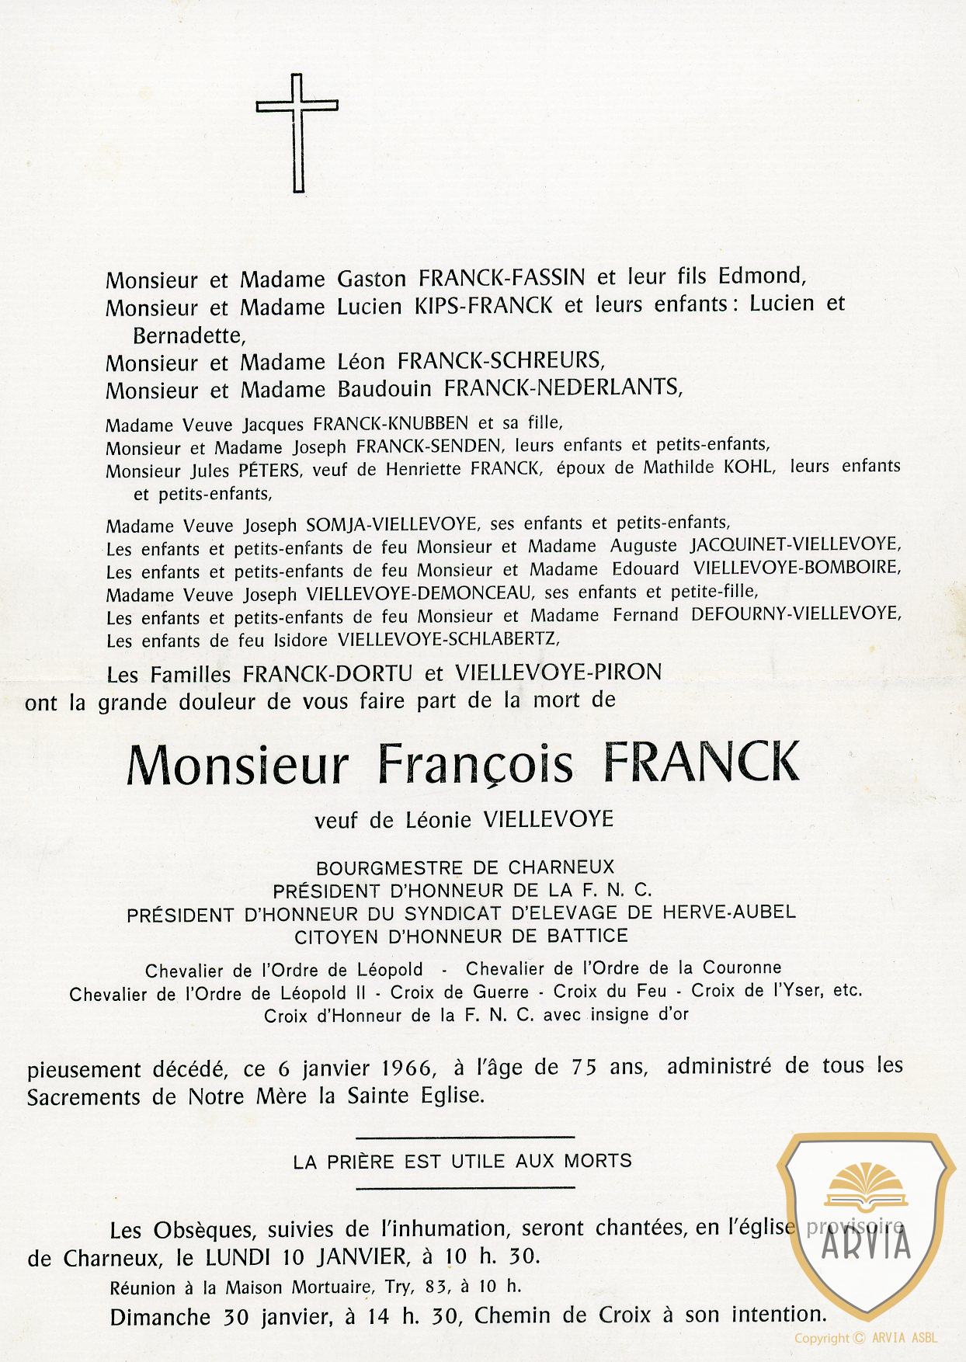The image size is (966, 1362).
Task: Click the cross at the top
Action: click(297, 132)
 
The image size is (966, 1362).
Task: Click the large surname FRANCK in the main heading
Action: click(700, 763)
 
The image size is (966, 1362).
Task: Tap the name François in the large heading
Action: click(474, 765)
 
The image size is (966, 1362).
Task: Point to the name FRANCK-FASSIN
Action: click(502, 277)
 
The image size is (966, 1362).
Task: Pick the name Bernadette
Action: click(189, 335)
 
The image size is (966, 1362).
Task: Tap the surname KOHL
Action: click(749, 467)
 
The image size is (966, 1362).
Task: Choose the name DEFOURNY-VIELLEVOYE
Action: click(795, 613)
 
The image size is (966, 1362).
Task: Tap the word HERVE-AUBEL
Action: click(728, 912)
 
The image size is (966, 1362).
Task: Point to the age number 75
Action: click(583, 1067)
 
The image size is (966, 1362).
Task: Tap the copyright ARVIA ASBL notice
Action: click(865, 1338)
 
